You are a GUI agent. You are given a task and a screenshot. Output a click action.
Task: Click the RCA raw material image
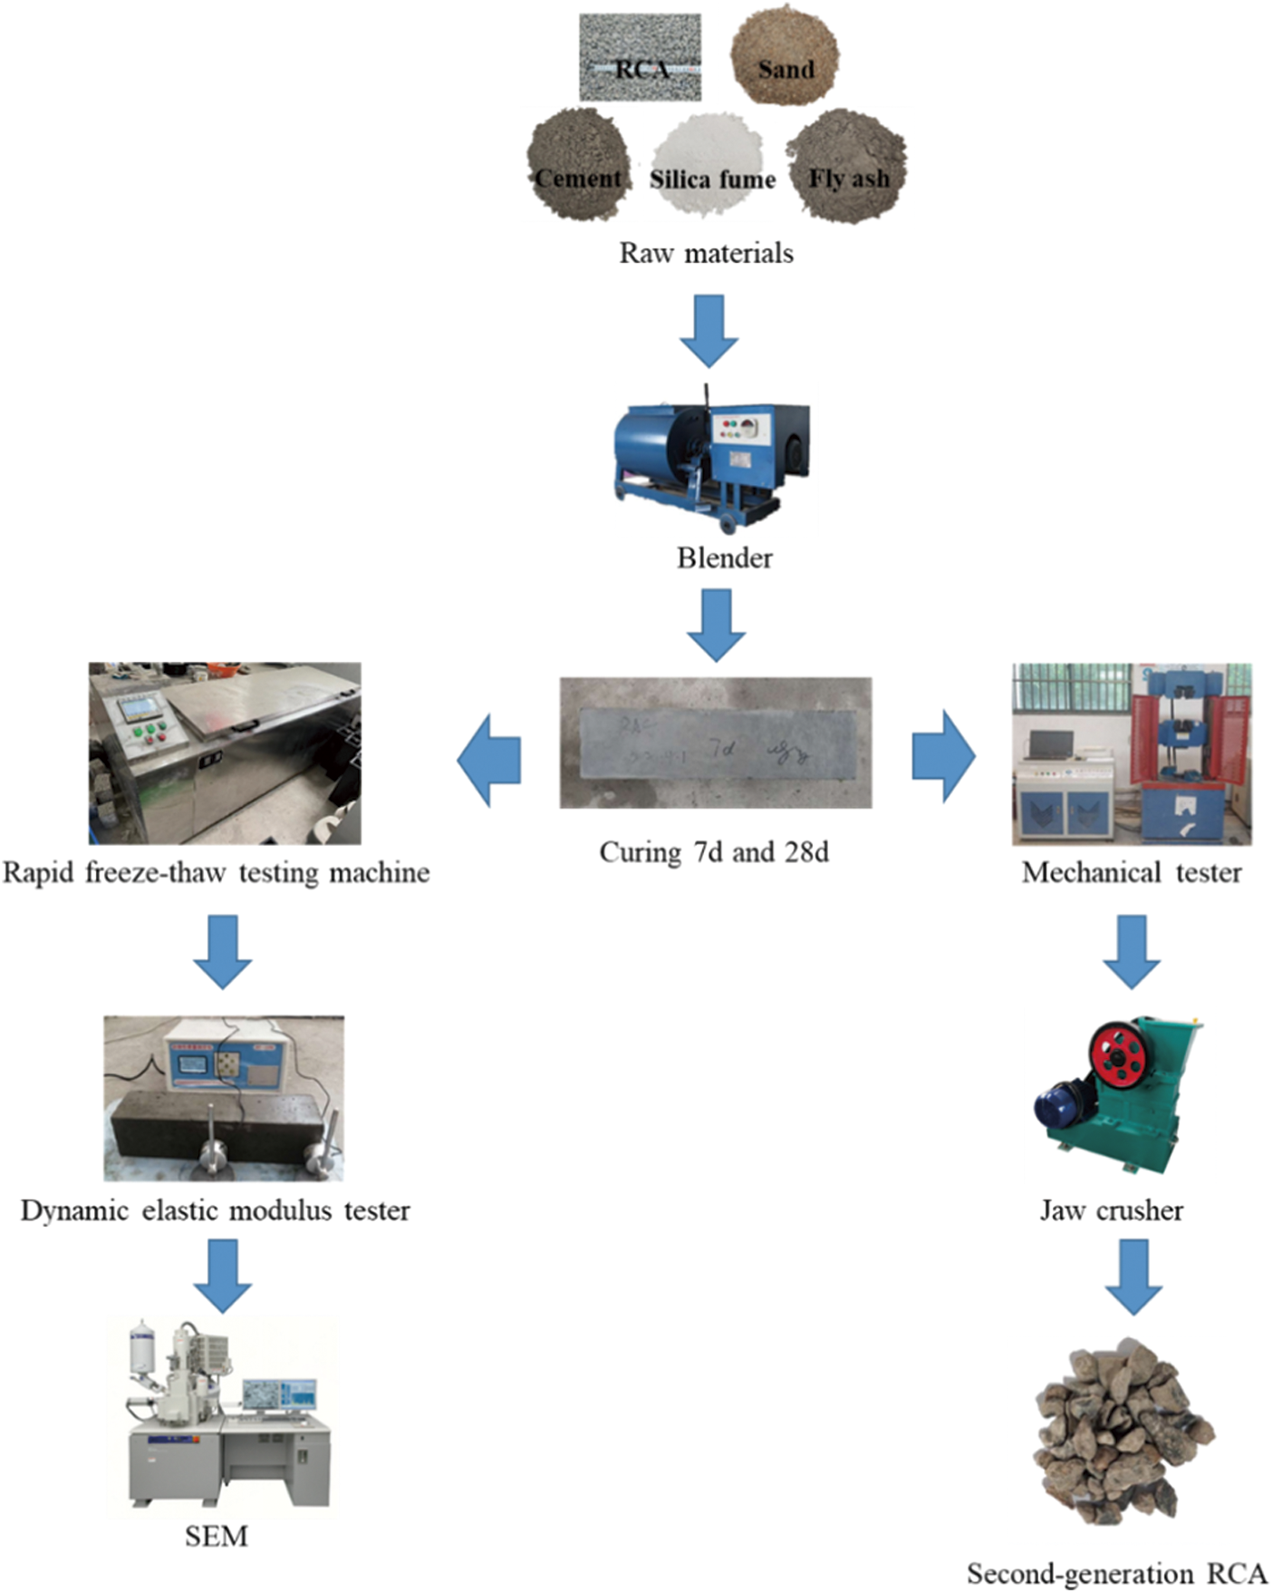(640, 57)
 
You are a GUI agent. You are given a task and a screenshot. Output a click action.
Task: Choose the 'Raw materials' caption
(706, 253)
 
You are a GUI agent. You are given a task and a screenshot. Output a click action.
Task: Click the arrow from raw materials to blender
(709, 330)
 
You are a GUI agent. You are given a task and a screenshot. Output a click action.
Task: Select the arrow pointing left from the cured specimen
(489, 760)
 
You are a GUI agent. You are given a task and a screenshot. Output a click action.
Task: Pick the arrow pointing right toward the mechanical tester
(943, 757)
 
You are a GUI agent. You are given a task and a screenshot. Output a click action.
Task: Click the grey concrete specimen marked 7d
(716, 743)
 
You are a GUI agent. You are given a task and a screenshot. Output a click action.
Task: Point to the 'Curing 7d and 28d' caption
(714, 853)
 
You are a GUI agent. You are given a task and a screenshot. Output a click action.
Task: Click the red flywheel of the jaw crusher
(1118, 1055)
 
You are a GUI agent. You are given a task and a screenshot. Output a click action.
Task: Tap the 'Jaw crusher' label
(1111, 1211)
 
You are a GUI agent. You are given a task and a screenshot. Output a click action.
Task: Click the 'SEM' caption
(216, 1536)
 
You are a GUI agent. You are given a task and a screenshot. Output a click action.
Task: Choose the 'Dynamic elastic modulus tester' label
(216, 1211)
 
